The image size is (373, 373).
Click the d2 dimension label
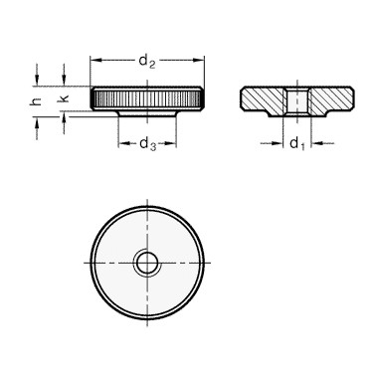pyautogui.click(x=147, y=62)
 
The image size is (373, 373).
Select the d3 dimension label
pyautogui.click(x=147, y=144)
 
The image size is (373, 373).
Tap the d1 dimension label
pyautogui.click(x=297, y=144)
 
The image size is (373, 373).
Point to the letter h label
pyautogui.click(x=37, y=101)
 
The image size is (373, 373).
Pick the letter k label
pyautogui.click(x=64, y=98)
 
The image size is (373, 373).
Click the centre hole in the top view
pyautogui.click(x=147, y=264)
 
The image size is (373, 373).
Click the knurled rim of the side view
pyautogui.click(x=147, y=98)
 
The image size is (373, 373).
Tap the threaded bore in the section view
pyautogui.click(x=297, y=102)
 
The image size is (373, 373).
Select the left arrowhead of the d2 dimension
pyautogui.click(x=95, y=60)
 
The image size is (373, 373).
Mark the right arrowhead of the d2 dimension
pyautogui.click(x=199, y=60)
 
